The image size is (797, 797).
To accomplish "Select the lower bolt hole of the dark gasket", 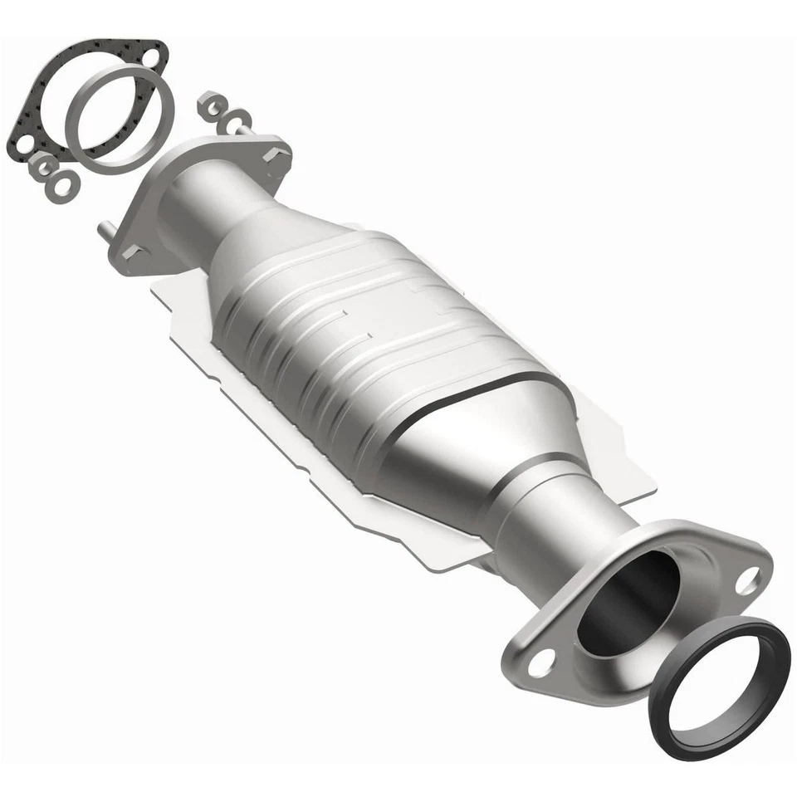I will [x=22, y=146].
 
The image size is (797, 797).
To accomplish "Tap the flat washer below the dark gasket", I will [x=61, y=184].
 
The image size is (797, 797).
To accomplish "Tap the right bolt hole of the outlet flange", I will [x=746, y=580].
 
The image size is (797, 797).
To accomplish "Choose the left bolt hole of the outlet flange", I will [x=540, y=662].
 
